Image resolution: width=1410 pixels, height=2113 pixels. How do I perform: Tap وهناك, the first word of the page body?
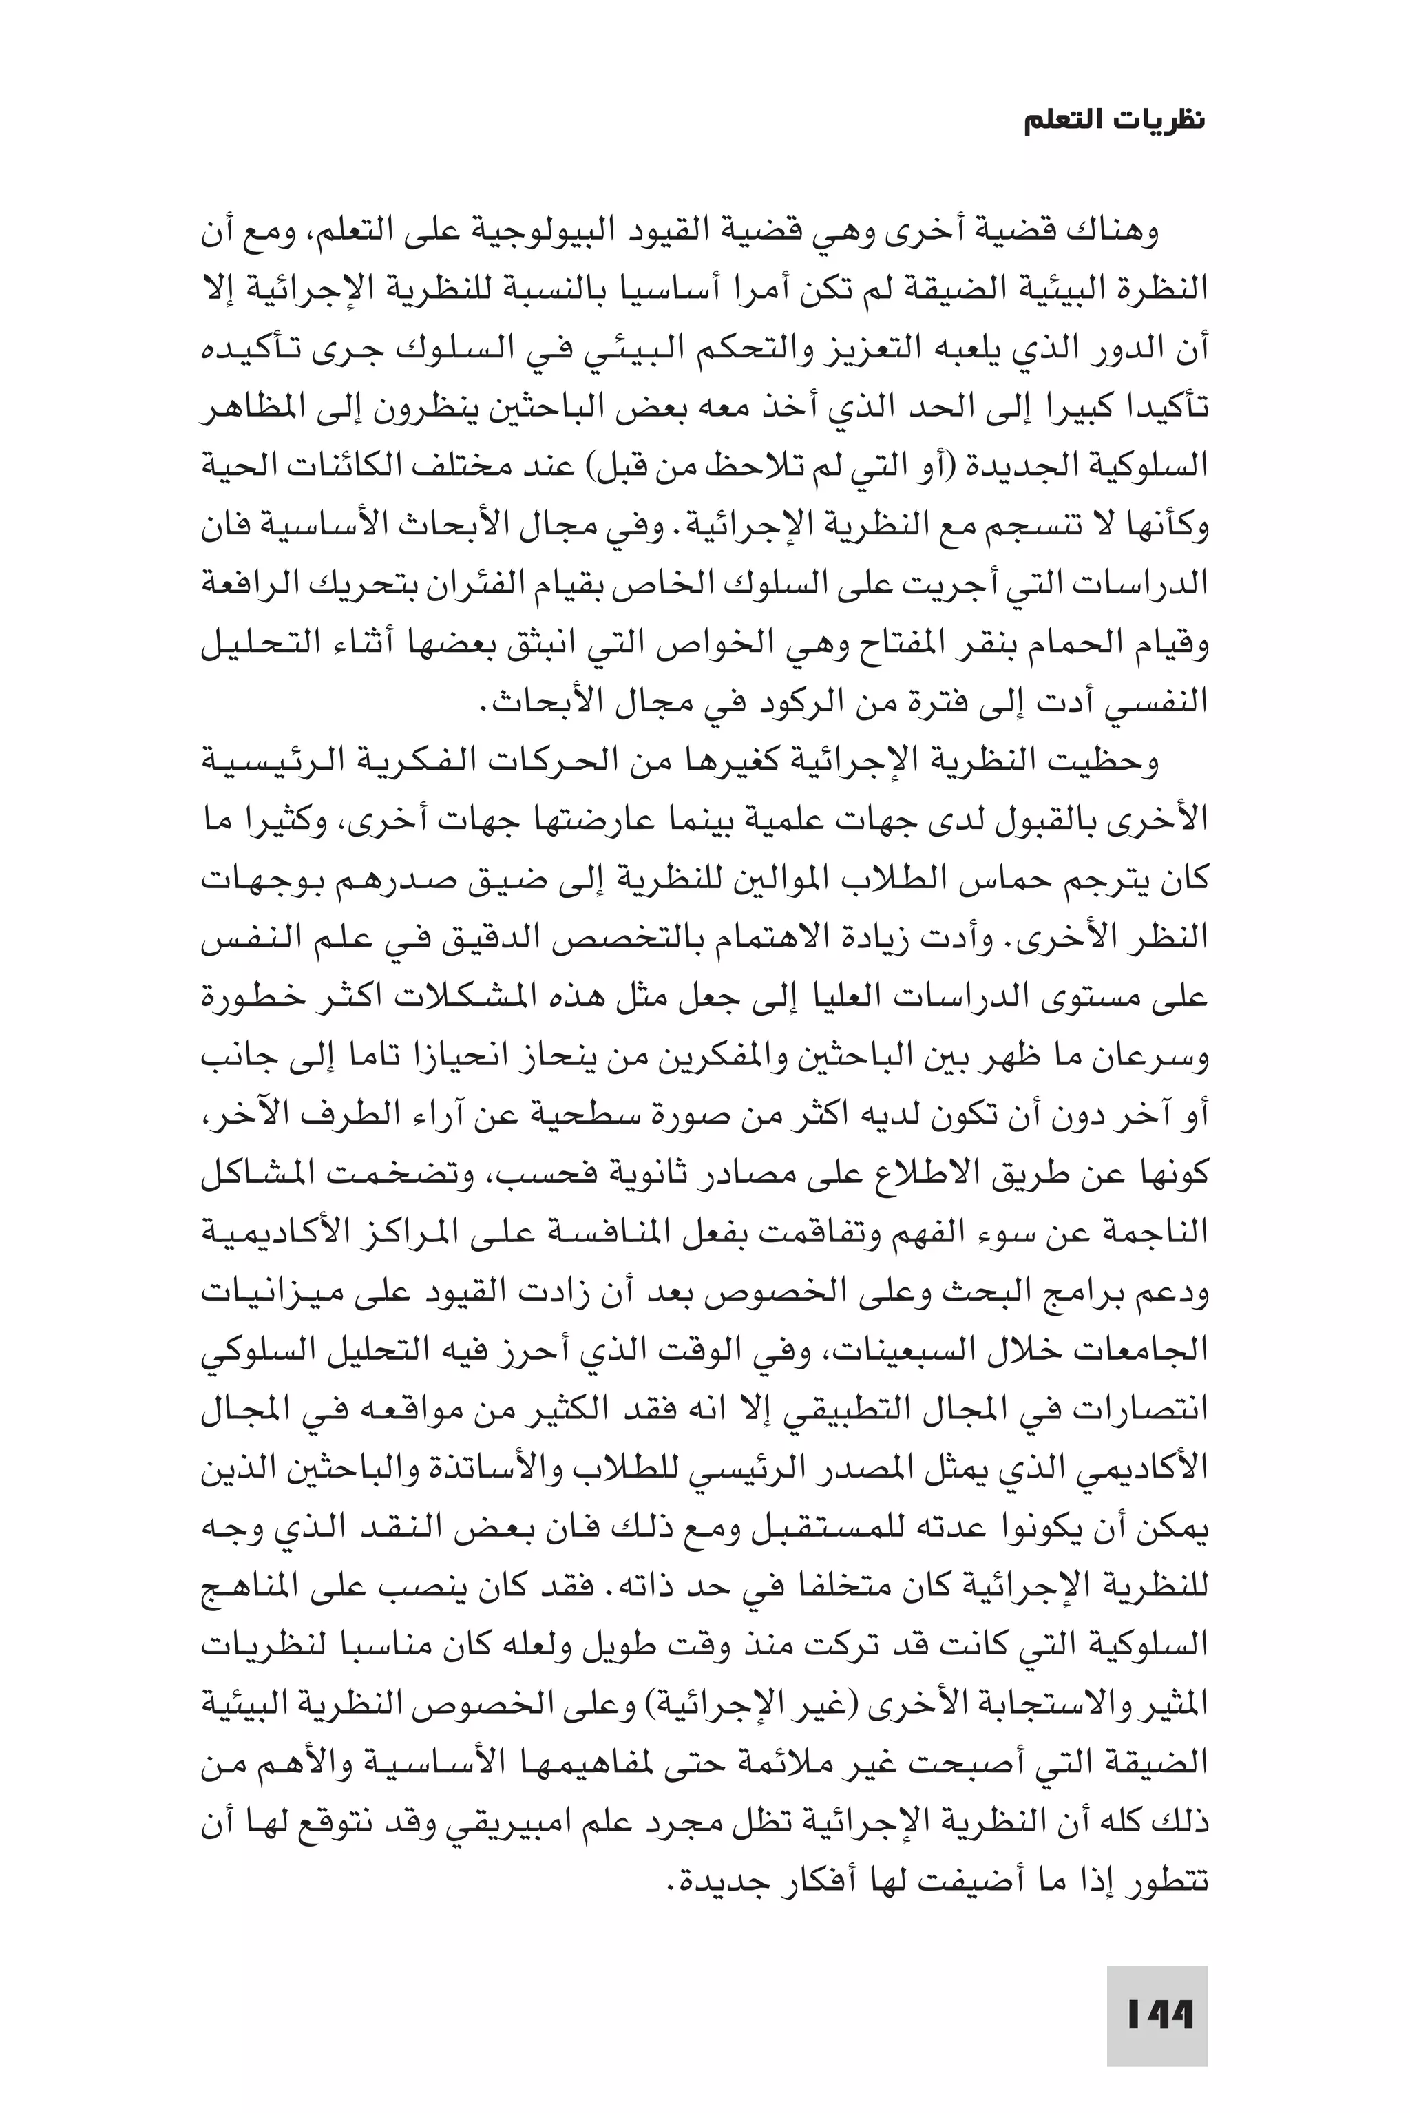tap(1120, 231)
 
